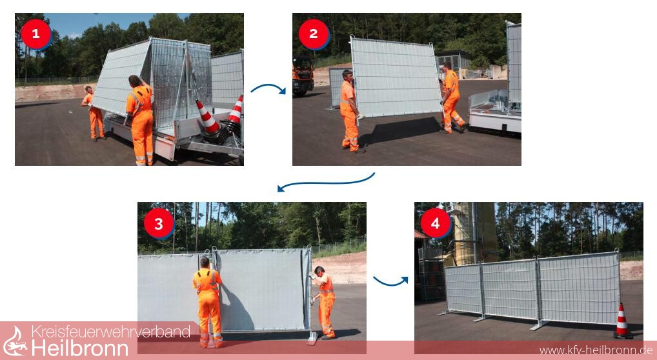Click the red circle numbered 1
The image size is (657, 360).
[35, 34]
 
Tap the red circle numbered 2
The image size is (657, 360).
[314, 34]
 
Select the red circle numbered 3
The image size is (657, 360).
[159, 224]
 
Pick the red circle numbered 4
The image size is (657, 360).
[436, 223]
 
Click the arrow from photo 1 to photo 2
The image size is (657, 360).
[268, 86]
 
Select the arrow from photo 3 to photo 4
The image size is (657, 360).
[390, 282]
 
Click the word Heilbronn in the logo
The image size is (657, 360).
[80, 348]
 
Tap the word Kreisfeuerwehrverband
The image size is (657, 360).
[111, 332]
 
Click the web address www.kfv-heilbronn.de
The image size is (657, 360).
[596, 350]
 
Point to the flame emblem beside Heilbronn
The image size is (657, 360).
[15, 341]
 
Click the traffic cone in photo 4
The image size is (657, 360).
[623, 321]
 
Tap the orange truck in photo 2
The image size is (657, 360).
[303, 75]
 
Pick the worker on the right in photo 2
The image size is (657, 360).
[451, 97]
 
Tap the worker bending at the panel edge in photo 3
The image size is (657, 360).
[323, 301]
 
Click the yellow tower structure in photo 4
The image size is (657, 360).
[476, 234]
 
